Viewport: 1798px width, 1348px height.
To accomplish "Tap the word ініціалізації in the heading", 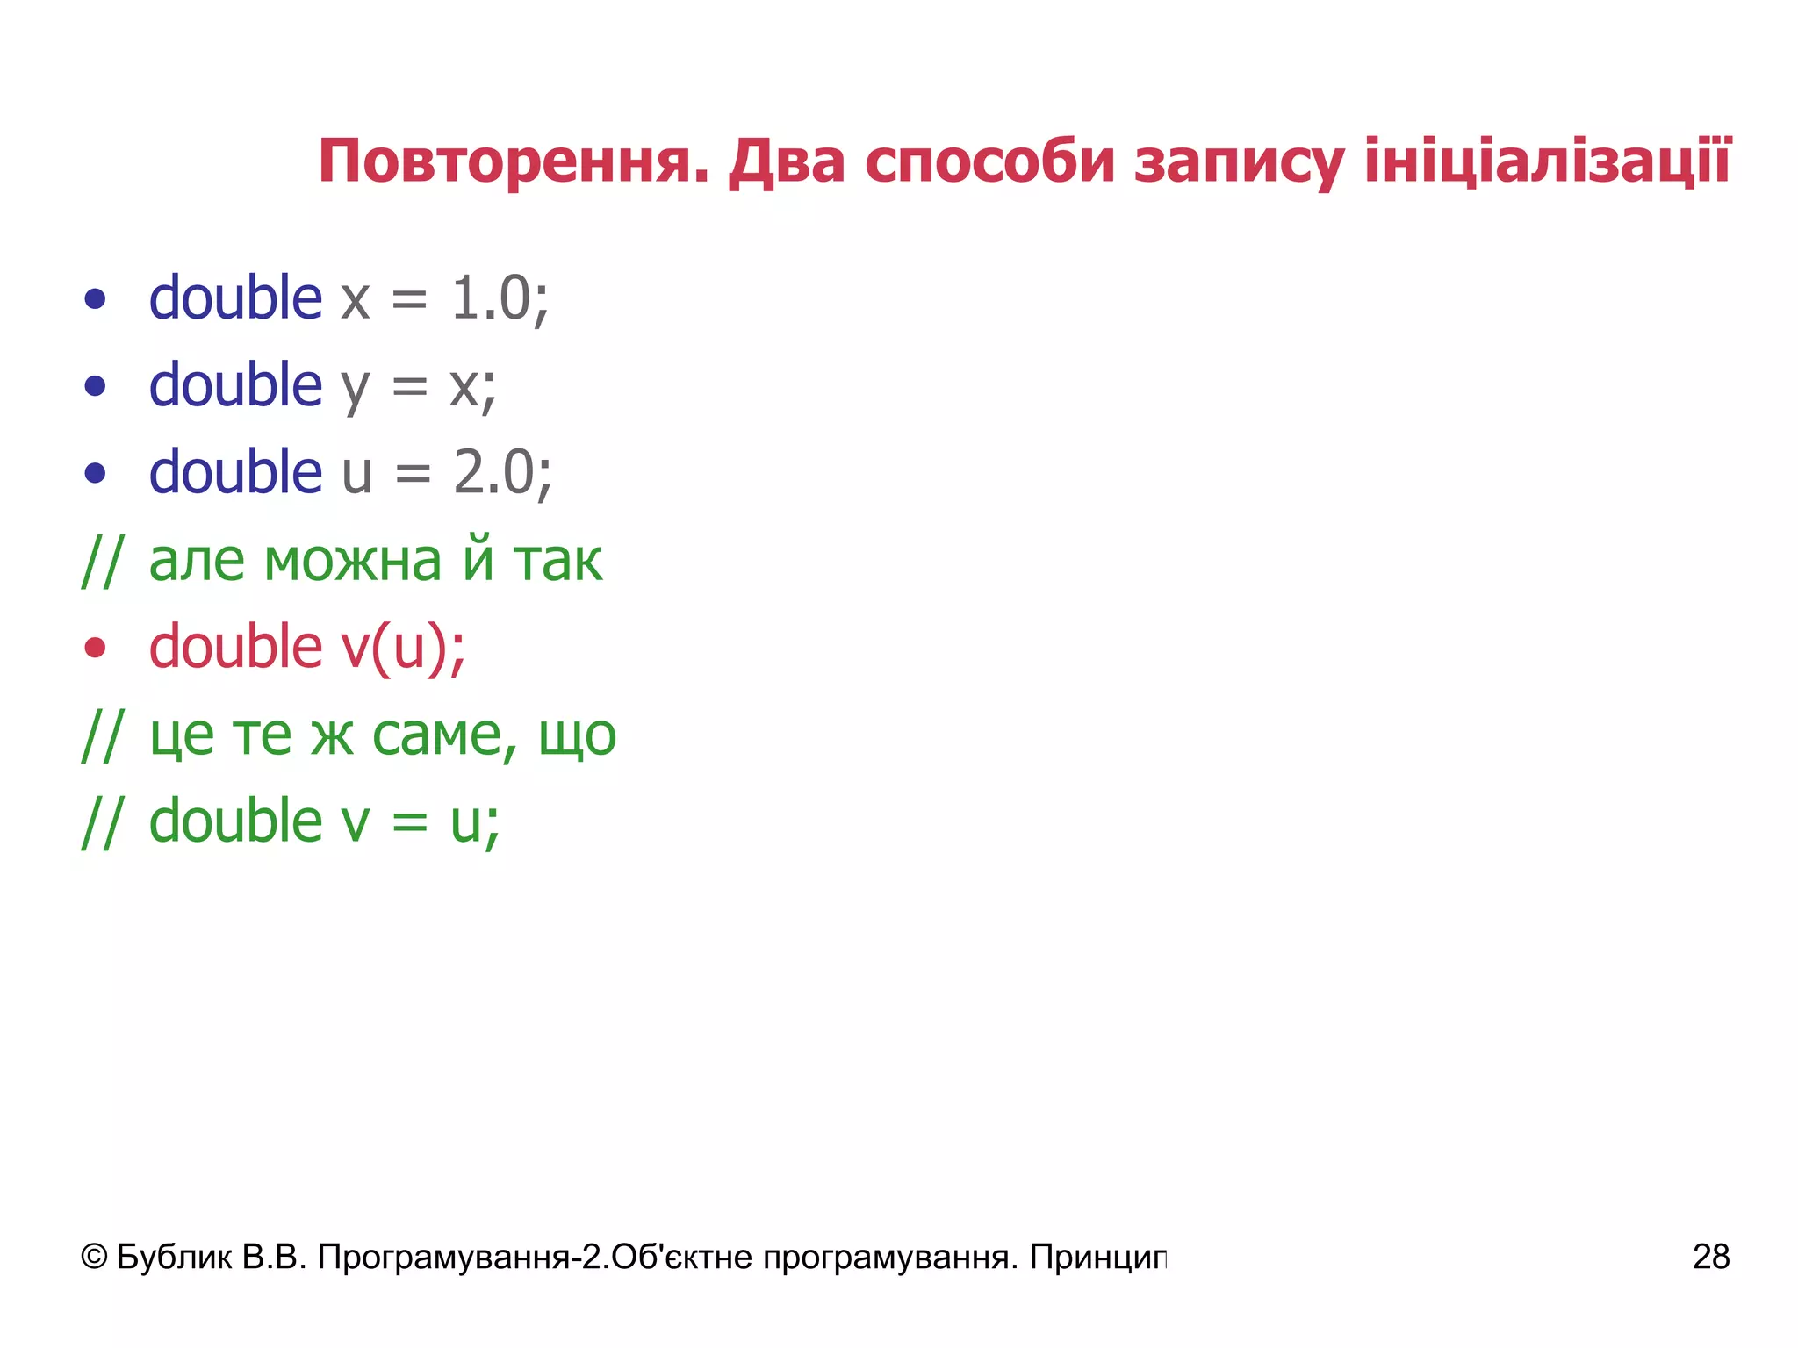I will [x=1547, y=161].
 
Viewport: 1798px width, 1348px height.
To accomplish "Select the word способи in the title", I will [x=989, y=163].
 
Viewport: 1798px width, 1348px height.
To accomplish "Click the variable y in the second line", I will [x=356, y=388].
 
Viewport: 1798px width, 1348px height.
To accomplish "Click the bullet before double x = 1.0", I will [x=95, y=299].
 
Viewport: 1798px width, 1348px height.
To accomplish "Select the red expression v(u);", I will [x=403, y=648].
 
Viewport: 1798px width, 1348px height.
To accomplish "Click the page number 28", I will [x=1710, y=1257].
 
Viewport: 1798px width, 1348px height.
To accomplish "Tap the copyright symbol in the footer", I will [x=94, y=1257].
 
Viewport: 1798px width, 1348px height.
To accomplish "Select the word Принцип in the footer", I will [x=1098, y=1257].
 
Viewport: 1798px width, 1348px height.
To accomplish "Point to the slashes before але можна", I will [x=102, y=562].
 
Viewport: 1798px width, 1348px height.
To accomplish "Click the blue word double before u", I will [x=235, y=472].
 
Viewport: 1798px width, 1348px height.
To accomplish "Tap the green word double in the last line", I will [x=235, y=821].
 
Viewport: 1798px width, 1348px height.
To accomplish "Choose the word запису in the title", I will [x=1239, y=163].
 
